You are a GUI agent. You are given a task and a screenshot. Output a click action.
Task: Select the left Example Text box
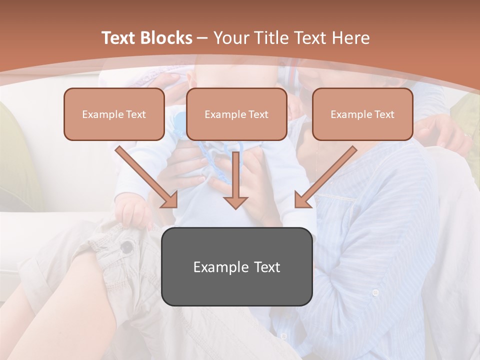click(114, 114)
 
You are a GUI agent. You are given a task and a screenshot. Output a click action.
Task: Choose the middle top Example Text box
click(236, 114)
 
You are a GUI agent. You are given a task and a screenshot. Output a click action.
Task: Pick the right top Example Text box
click(362, 114)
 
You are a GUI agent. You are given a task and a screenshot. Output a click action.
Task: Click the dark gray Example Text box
click(236, 266)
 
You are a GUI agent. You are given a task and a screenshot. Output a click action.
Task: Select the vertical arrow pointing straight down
click(235, 180)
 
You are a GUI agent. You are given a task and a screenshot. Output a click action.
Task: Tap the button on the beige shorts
click(128, 246)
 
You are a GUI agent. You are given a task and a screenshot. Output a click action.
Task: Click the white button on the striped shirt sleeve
click(375, 292)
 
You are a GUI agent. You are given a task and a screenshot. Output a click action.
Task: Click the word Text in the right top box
click(384, 114)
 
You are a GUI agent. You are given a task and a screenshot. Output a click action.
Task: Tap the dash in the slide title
click(202, 38)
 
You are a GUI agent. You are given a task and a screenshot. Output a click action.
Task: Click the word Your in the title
click(231, 38)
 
